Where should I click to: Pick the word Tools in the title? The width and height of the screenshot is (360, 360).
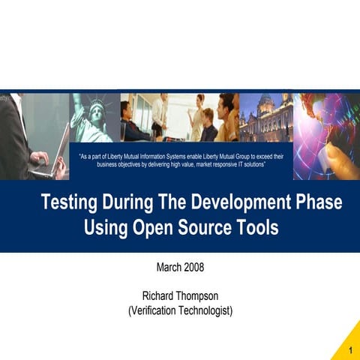pyautogui.click(x=259, y=228)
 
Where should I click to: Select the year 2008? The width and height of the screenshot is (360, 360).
pyautogui.click(x=194, y=267)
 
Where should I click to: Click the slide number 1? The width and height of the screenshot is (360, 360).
pyautogui.click(x=351, y=351)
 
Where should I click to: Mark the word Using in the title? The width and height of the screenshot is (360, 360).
pyautogui.click(x=105, y=228)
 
